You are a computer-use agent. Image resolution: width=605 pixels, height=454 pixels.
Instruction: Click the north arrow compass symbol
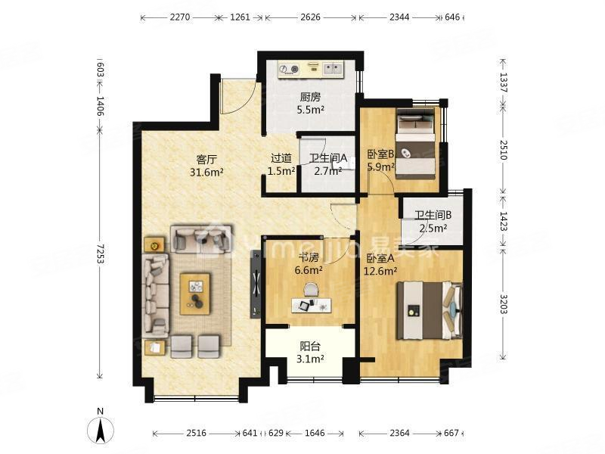coord(101,428)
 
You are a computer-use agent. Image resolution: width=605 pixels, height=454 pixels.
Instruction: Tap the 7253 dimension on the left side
coord(101,254)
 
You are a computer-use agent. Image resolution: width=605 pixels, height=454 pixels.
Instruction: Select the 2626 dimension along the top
coord(311,17)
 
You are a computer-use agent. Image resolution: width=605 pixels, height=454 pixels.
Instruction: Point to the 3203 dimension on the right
coord(503,304)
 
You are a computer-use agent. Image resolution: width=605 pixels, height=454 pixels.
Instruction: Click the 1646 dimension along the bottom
coord(315,433)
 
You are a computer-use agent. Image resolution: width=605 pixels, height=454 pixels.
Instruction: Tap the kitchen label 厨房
coord(310,97)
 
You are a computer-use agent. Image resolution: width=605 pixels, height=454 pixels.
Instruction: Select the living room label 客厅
coord(206,159)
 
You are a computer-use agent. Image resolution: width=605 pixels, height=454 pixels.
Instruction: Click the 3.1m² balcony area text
coord(310,359)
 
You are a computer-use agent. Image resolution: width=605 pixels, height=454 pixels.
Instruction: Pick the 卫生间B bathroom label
coord(433,215)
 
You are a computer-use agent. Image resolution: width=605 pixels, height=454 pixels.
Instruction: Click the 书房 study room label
coord(309,257)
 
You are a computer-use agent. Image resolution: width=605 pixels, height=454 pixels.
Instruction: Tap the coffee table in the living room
coord(195,294)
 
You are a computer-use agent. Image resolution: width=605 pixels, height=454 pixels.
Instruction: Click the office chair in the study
coord(311,290)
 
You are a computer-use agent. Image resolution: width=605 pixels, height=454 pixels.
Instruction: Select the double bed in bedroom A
coord(430,311)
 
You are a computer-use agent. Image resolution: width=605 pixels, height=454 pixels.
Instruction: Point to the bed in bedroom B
coord(416,144)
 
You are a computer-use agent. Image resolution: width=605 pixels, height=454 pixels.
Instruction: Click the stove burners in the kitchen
coord(290,69)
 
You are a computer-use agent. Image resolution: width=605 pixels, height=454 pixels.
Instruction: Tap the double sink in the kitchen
coord(333,69)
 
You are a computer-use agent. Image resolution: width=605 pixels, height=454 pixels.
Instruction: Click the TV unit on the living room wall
coord(256,285)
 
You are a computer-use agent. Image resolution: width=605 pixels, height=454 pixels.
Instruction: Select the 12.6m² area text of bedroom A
coord(380,271)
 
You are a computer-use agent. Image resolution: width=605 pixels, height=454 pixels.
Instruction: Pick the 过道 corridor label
coord(281,158)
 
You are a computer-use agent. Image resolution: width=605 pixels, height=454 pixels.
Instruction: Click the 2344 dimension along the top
coord(399,17)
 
